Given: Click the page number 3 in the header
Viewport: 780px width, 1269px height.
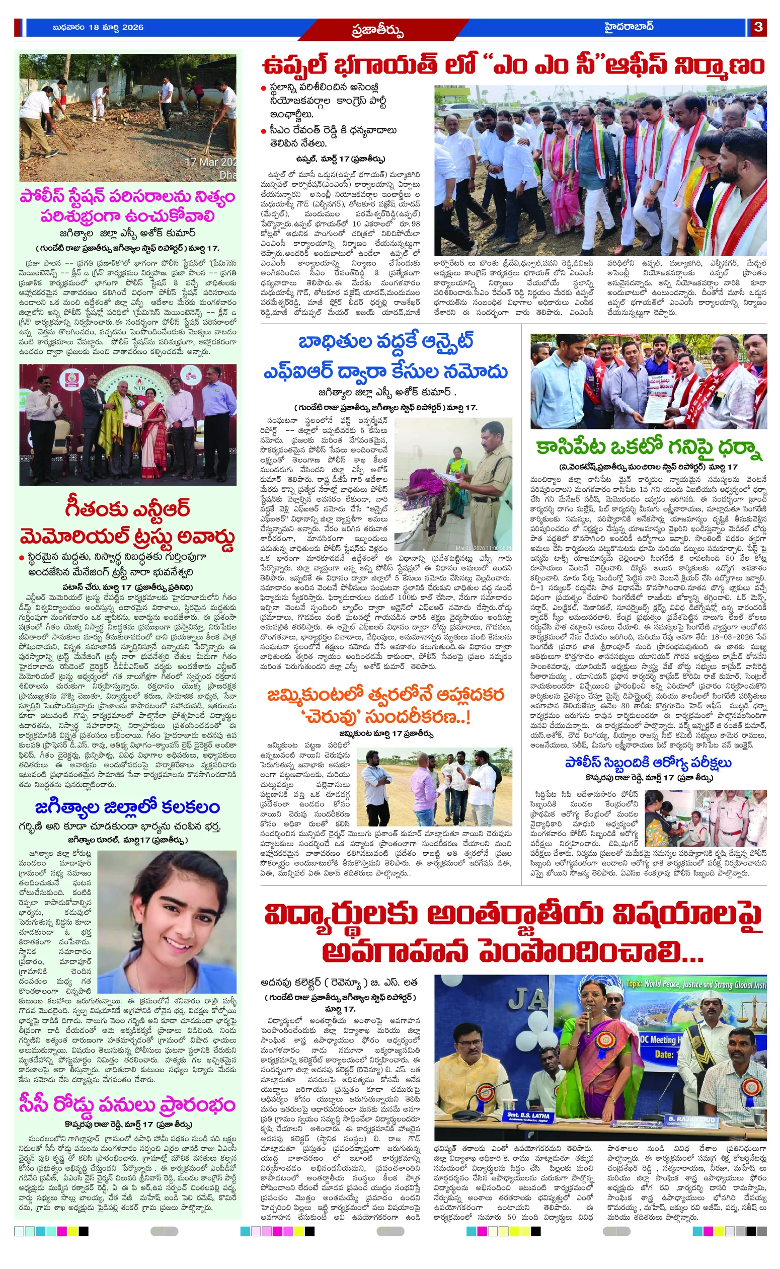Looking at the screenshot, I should pyautogui.click(x=758, y=27).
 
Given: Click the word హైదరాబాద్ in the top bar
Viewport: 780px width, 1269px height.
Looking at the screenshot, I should pyautogui.click(x=629, y=27).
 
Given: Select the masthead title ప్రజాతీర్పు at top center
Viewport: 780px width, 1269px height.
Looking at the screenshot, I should pyautogui.click(x=377, y=30).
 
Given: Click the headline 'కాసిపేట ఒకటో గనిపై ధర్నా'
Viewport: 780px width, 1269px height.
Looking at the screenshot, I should pyautogui.click(x=649, y=446).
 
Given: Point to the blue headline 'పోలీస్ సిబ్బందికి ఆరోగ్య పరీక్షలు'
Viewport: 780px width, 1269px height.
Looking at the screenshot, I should pyautogui.click(x=648, y=763).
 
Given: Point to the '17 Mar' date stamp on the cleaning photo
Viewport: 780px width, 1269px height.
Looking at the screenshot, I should pyautogui.click(x=210, y=162).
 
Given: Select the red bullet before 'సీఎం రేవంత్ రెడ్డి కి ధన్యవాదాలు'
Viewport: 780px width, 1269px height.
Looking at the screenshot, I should pyautogui.click(x=264, y=130).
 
